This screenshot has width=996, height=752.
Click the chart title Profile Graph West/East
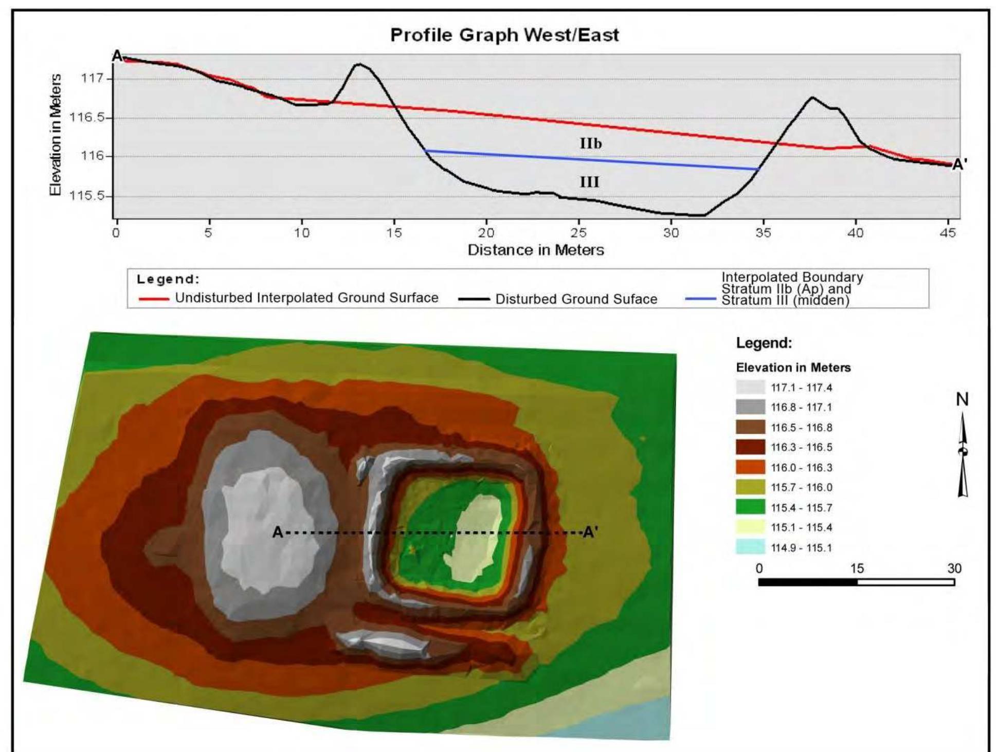click(504, 35)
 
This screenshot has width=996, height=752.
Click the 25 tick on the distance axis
click(578, 233)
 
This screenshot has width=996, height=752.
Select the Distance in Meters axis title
click(535, 250)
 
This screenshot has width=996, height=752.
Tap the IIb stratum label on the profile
click(590, 143)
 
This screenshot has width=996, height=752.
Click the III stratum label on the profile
click(589, 182)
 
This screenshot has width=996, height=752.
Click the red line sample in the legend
click(153, 299)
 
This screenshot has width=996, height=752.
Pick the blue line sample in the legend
click(700, 299)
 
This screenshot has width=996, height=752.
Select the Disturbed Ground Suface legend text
click(576, 299)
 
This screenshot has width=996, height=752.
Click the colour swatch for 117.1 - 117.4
click(750, 387)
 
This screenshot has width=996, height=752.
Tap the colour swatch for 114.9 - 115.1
click(750, 547)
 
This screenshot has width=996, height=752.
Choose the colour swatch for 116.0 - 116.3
click(750, 467)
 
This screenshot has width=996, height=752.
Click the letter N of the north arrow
click(962, 399)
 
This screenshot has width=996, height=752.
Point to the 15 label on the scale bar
click(857, 568)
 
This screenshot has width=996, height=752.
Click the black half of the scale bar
click(808, 582)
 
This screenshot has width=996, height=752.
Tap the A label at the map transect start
click(277, 532)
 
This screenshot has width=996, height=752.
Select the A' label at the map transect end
click(590, 532)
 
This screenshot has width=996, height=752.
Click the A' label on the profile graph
click(959, 164)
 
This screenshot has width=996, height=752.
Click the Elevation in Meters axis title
click(55, 135)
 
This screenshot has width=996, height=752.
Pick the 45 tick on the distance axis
click(948, 233)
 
